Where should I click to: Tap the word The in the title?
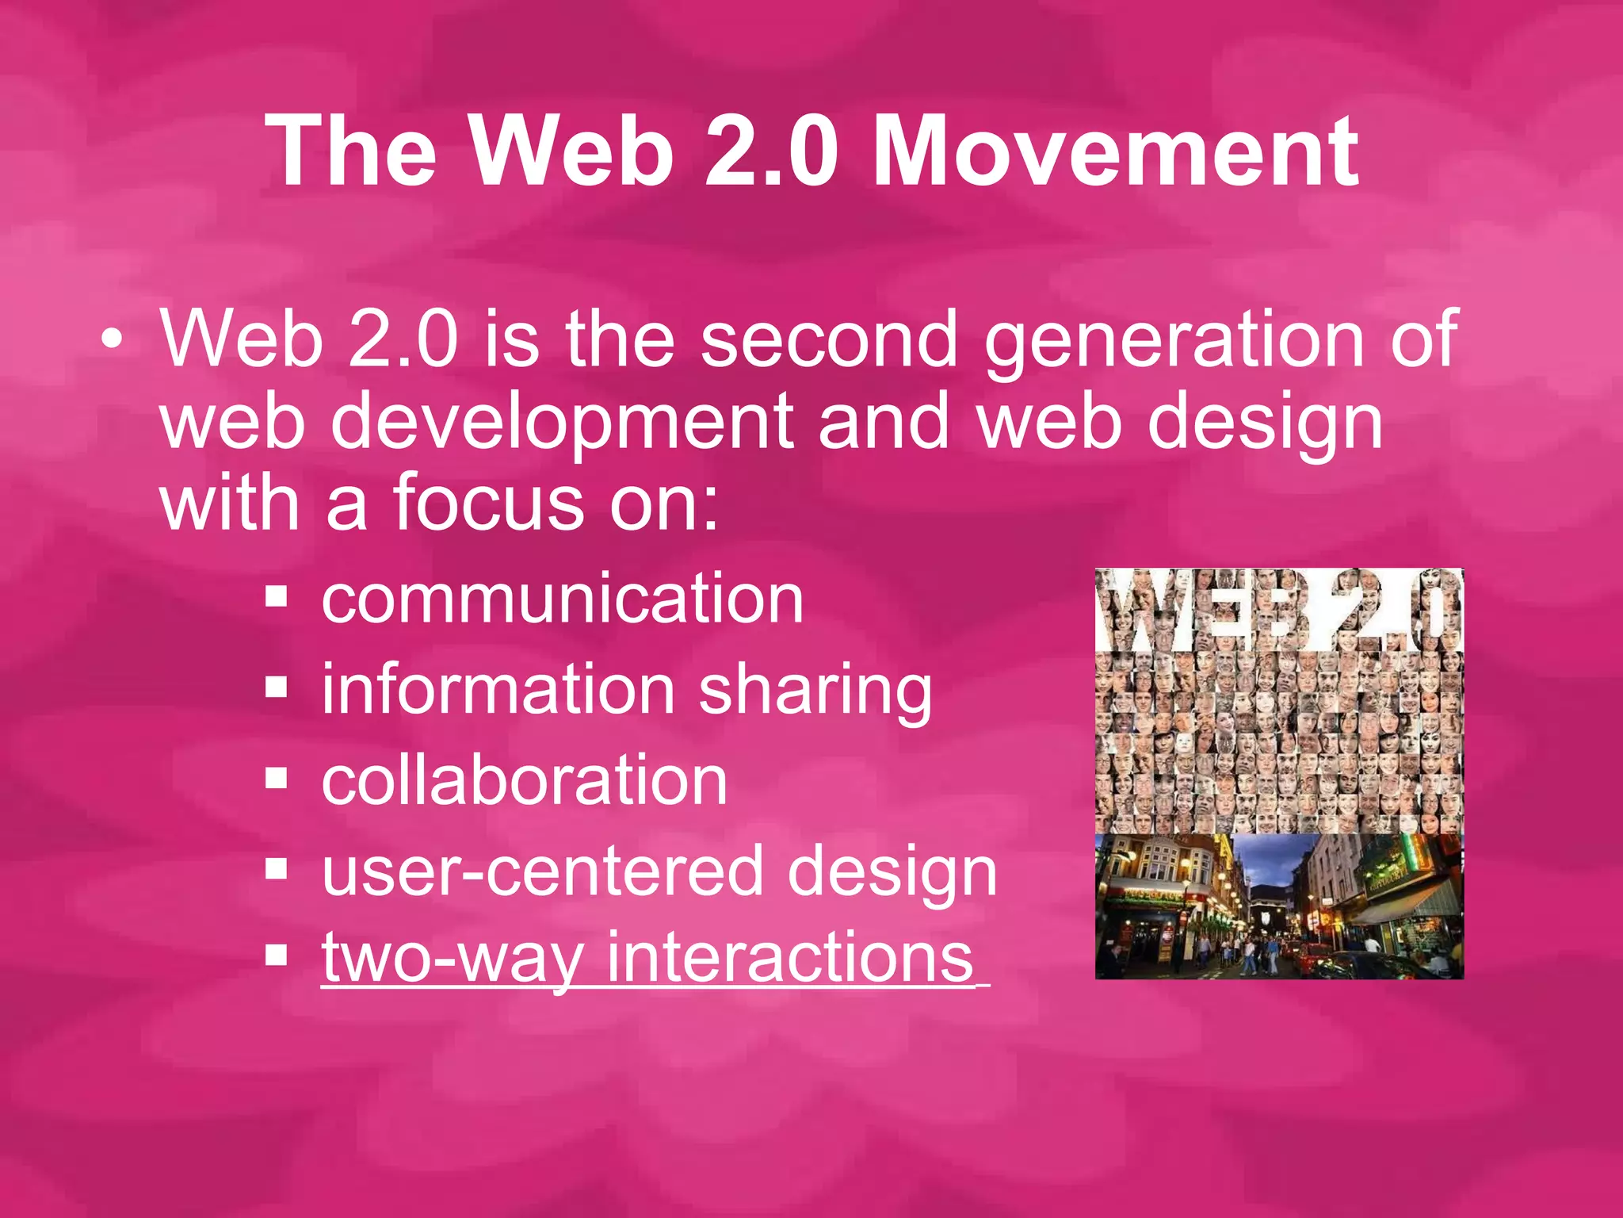(x=351, y=151)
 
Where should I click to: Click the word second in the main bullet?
(x=829, y=339)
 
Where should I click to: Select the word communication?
(x=563, y=599)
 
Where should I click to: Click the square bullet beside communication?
(x=276, y=596)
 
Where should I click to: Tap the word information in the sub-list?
(x=498, y=688)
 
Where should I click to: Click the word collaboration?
(x=525, y=780)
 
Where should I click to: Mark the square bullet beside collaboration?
(x=276, y=779)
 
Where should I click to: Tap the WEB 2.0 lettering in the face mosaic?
(x=1278, y=609)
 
